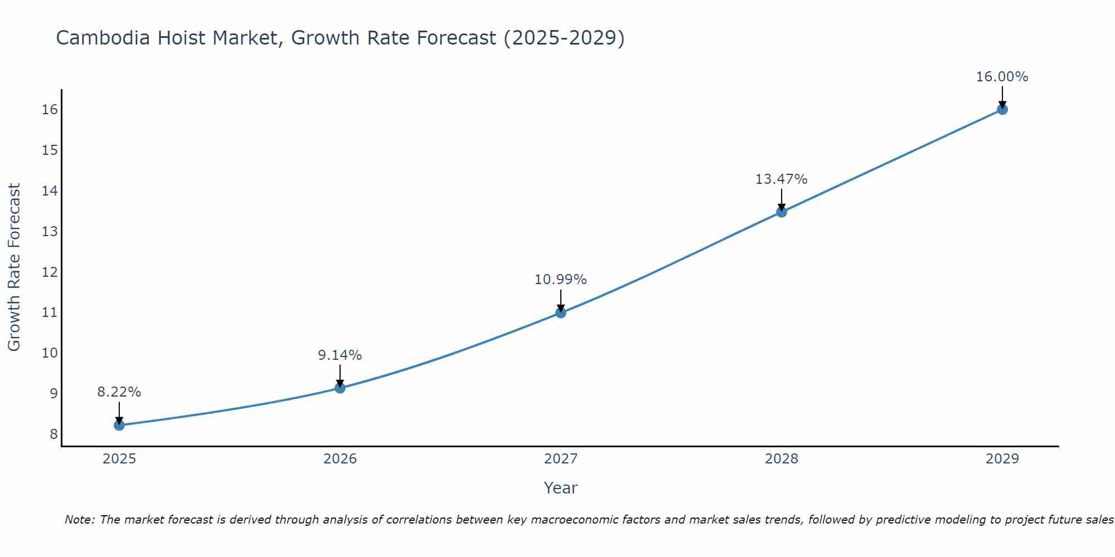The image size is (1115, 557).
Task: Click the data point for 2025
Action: [x=119, y=426]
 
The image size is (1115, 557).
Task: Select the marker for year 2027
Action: [x=561, y=313]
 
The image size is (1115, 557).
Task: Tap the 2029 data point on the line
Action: [x=1002, y=110]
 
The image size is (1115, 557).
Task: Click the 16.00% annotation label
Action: [x=1002, y=77]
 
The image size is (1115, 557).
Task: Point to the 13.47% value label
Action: [x=781, y=179]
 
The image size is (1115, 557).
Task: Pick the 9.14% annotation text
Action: [x=340, y=355]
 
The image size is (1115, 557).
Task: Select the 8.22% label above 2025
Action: [x=119, y=392]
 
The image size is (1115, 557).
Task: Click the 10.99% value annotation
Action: [x=560, y=280]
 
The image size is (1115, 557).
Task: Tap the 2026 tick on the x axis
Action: [x=340, y=459]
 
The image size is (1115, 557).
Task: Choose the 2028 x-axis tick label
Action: [x=782, y=459]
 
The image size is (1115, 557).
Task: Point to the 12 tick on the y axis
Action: [x=50, y=272]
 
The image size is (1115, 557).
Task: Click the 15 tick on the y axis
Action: [x=50, y=150]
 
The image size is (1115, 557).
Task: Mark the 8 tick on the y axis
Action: [x=54, y=434]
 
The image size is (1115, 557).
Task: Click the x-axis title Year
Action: [x=560, y=488]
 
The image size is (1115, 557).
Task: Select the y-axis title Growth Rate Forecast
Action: [x=14, y=267]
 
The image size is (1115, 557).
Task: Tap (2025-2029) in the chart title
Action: [x=564, y=38]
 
